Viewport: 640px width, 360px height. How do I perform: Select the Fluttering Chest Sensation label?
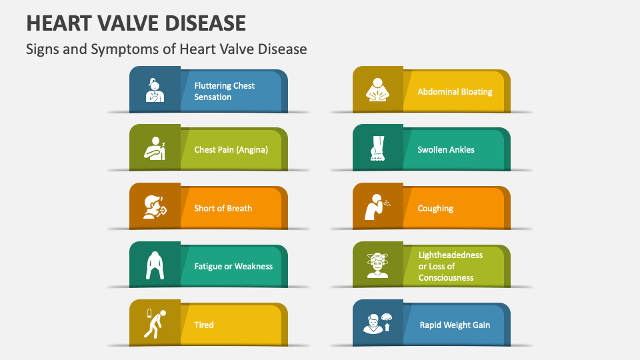tap(224, 91)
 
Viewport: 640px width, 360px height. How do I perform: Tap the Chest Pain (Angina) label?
tap(231, 150)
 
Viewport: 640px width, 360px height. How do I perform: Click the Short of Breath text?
tap(223, 208)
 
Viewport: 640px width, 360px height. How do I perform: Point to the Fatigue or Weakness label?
tap(233, 267)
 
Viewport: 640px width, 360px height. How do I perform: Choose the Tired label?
tap(204, 325)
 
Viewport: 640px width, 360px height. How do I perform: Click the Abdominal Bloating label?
tap(455, 91)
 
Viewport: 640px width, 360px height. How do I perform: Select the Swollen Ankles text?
tap(446, 150)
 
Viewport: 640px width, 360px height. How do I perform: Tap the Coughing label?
tap(435, 209)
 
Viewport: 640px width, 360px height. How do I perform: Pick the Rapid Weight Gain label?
tap(455, 325)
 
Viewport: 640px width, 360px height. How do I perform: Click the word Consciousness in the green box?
tap(446, 277)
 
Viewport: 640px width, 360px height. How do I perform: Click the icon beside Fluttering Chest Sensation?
tap(155, 90)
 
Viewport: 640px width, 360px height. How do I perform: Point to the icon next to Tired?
tap(154, 324)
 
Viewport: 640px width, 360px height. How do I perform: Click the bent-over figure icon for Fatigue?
tap(155, 265)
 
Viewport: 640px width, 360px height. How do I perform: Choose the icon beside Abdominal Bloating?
tap(377, 90)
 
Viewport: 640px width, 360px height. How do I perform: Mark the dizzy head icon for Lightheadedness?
tap(377, 265)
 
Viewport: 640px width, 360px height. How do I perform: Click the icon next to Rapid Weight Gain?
tap(377, 324)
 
